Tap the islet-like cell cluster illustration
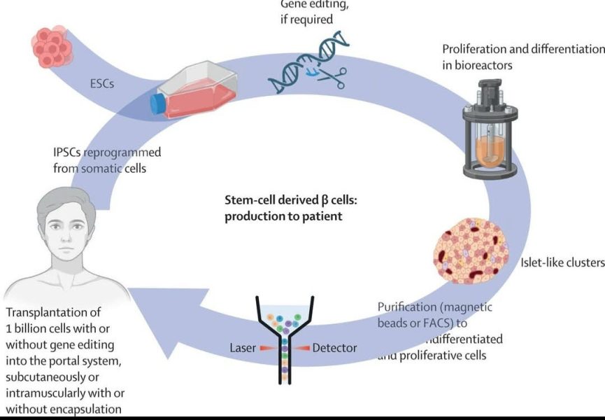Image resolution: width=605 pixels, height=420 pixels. (x=471, y=255)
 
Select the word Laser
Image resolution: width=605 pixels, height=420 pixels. (x=244, y=348)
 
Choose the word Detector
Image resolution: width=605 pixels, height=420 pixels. (x=334, y=348)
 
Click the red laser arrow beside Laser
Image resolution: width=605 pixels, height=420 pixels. (x=269, y=348)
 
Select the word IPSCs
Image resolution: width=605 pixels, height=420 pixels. (x=70, y=153)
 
